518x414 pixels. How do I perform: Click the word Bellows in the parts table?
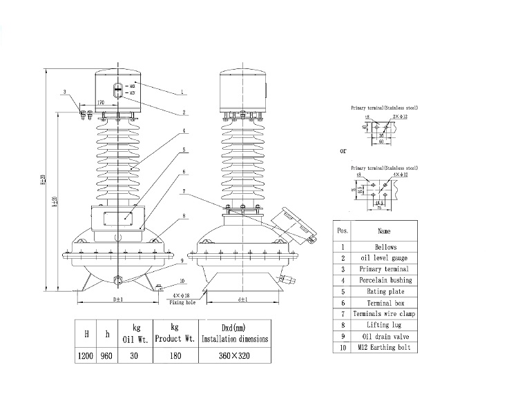pyautogui.click(x=385, y=246)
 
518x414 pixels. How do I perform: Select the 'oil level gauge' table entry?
pyautogui.click(x=385, y=257)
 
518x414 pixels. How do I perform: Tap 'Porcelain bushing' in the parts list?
pyautogui.click(x=385, y=280)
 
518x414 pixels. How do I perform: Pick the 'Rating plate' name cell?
pyautogui.click(x=385, y=291)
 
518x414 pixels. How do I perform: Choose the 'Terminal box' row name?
pyautogui.click(x=385, y=302)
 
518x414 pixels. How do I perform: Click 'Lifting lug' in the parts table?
pyautogui.click(x=385, y=325)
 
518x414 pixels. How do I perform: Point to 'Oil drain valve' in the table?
pyautogui.click(x=385, y=336)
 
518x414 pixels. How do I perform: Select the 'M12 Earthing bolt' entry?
pyautogui.click(x=385, y=348)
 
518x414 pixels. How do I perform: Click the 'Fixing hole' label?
pyautogui.click(x=183, y=301)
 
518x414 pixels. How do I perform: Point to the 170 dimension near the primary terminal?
pyautogui.click(x=100, y=102)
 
